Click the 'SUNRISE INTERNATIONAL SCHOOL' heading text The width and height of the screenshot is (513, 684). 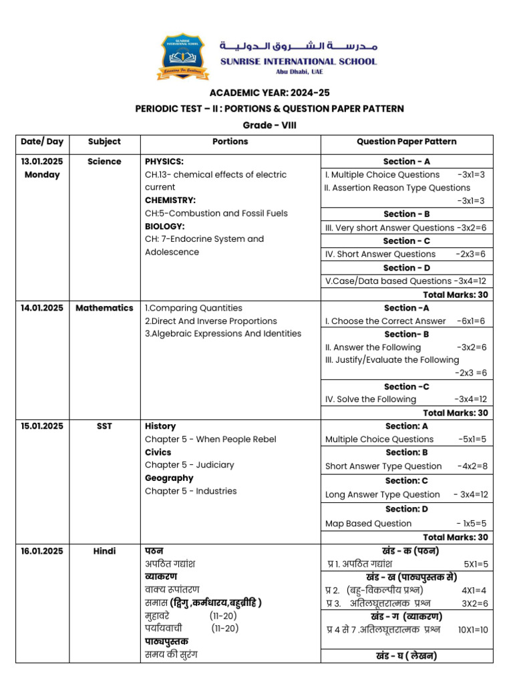click(299, 61)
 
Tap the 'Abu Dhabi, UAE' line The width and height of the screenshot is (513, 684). click(299, 72)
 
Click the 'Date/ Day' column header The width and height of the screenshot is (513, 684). click(42, 142)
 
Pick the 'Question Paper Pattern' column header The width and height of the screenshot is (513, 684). click(407, 142)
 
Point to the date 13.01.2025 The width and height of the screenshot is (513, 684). click(42, 162)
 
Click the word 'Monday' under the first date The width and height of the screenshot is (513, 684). click(42, 175)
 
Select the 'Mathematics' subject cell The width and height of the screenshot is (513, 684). click(104, 308)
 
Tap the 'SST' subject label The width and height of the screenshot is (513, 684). click(104, 426)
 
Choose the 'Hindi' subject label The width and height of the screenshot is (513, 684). click(104, 551)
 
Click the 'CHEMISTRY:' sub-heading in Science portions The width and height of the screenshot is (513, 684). click(170, 200)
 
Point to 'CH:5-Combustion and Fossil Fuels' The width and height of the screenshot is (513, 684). click(216, 214)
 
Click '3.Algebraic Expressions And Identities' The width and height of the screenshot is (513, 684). click(223, 334)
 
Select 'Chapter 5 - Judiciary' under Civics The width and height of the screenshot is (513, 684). click(190, 465)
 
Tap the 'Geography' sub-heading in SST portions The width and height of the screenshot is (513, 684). click(169, 478)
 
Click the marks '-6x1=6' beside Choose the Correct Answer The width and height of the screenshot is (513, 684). click(472, 321)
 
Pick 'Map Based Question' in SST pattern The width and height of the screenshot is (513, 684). click(368, 524)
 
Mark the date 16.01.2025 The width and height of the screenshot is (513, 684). click(42, 551)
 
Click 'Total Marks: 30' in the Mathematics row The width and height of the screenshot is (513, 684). click(455, 413)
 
